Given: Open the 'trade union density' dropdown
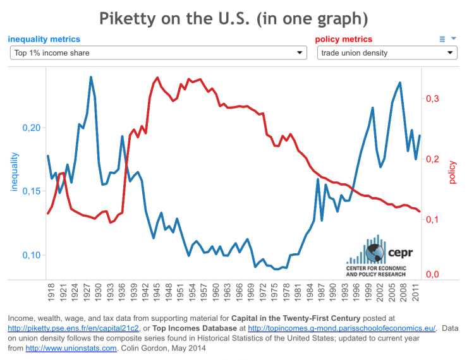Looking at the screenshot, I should tap(387, 53).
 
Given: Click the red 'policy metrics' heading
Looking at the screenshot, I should tap(343, 39).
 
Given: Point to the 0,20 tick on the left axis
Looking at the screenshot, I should tap(31, 128).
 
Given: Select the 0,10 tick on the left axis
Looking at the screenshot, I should tap(31, 255).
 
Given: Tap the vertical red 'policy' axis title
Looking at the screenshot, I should tap(452, 172).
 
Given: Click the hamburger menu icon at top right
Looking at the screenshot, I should tap(442, 39).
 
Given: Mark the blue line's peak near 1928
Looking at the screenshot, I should tap(91, 77).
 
